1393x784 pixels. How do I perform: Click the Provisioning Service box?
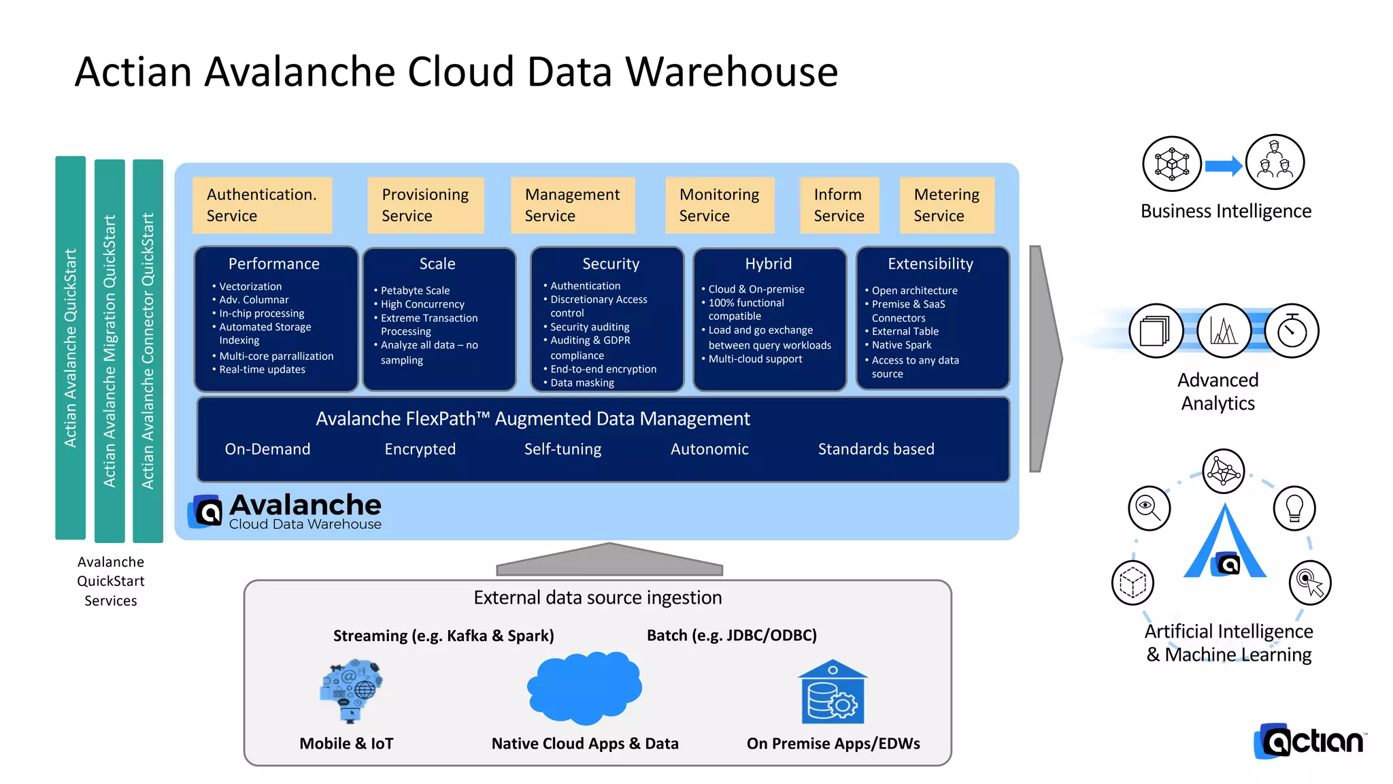tap(425, 205)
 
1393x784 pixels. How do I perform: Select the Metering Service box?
tap(946, 205)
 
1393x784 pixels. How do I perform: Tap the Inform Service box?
tap(839, 205)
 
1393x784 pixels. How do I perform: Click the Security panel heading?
tap(610, 264)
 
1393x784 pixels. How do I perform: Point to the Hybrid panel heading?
tap(768, 264)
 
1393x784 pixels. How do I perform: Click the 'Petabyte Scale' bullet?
tap(415, 291)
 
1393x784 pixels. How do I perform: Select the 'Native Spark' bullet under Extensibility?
tap(901, 345)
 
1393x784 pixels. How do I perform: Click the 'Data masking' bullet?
tap(582, 383)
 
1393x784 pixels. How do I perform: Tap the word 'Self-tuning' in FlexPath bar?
tap(563, 449)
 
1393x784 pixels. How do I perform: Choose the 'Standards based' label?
tap(875, 449)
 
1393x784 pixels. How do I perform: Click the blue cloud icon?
tap(585, 687)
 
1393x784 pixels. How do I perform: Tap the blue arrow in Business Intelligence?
tap(1223, 166)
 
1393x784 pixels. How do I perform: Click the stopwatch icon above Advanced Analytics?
tap(1291, 331)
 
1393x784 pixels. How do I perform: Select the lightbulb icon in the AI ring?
tap(1294, 508)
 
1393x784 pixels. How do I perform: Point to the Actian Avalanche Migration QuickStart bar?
tap(110, 350)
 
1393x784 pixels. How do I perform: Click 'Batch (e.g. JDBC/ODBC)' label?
tap(731, 636)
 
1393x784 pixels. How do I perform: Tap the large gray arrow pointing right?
tap(1044, 359)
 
